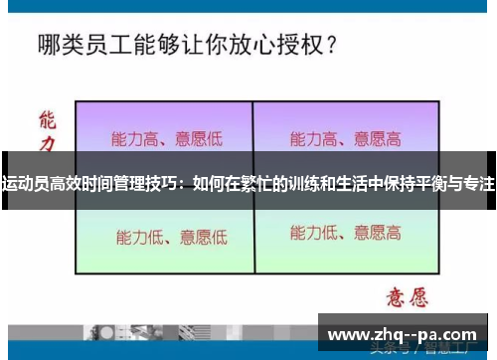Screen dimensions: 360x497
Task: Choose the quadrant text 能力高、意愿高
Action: coord(345,138)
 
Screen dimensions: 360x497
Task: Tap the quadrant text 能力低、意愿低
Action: coord(171,237)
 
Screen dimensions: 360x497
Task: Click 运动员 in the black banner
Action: coord(26,184)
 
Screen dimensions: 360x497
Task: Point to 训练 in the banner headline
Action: coord(303,184)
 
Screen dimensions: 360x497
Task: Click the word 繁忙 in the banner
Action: coord(256,184)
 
